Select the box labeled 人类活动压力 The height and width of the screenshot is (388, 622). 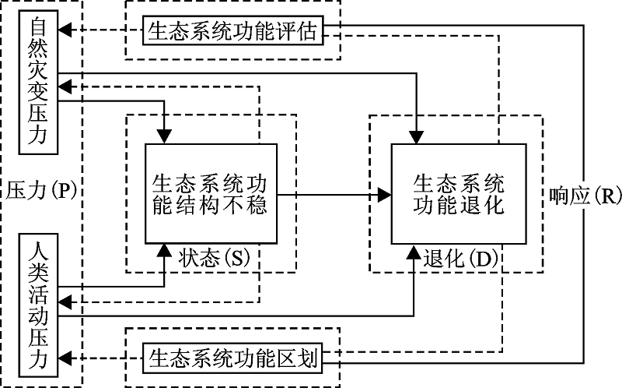(39, 309)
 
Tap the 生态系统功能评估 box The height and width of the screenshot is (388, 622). (232, 30)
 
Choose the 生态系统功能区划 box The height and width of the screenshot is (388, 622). (232, 358)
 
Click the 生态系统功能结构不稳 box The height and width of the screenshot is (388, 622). (210, 193)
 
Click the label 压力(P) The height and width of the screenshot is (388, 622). (42, 191)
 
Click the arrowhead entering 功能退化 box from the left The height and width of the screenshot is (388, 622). (385, 194)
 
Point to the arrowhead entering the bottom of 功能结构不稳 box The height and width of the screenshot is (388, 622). (165, 249)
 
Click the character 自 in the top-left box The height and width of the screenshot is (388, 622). (39, 27)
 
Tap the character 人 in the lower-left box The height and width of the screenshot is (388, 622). (39, 252)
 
